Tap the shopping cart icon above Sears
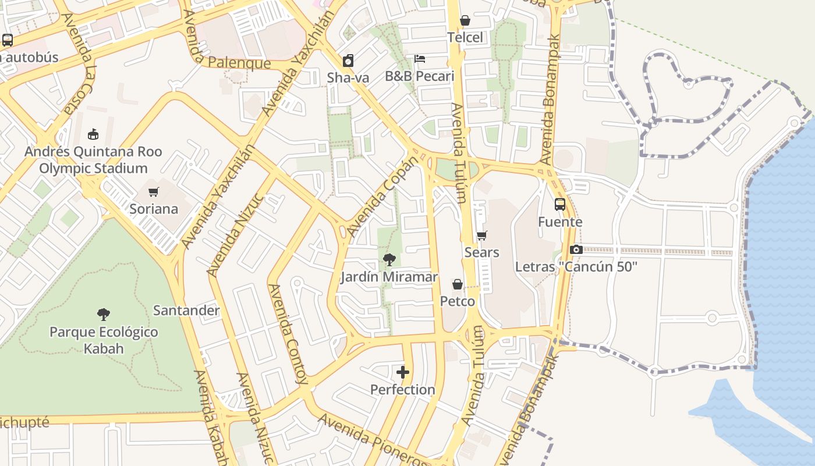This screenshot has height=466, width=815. coord(481,236)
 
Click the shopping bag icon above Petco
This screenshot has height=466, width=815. coord(458,284)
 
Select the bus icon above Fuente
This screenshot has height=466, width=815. coord(559,204)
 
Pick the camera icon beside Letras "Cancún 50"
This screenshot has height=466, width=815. coord(576,249)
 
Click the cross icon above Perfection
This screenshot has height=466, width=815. coord(402,372)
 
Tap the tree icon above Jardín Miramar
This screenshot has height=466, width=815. coord(389,260)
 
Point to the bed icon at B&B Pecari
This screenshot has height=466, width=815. coord(420,59)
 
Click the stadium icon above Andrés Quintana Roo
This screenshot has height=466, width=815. coord(93,135)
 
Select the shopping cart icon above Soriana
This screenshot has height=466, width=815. coord(154,192)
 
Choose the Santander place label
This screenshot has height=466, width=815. coord(186,310)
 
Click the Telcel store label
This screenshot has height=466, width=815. coord(465,38)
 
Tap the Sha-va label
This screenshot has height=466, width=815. coord(348,77)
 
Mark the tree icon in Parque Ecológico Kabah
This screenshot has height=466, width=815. coord(104,315)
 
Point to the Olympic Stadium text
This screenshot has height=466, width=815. coord(93,169)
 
